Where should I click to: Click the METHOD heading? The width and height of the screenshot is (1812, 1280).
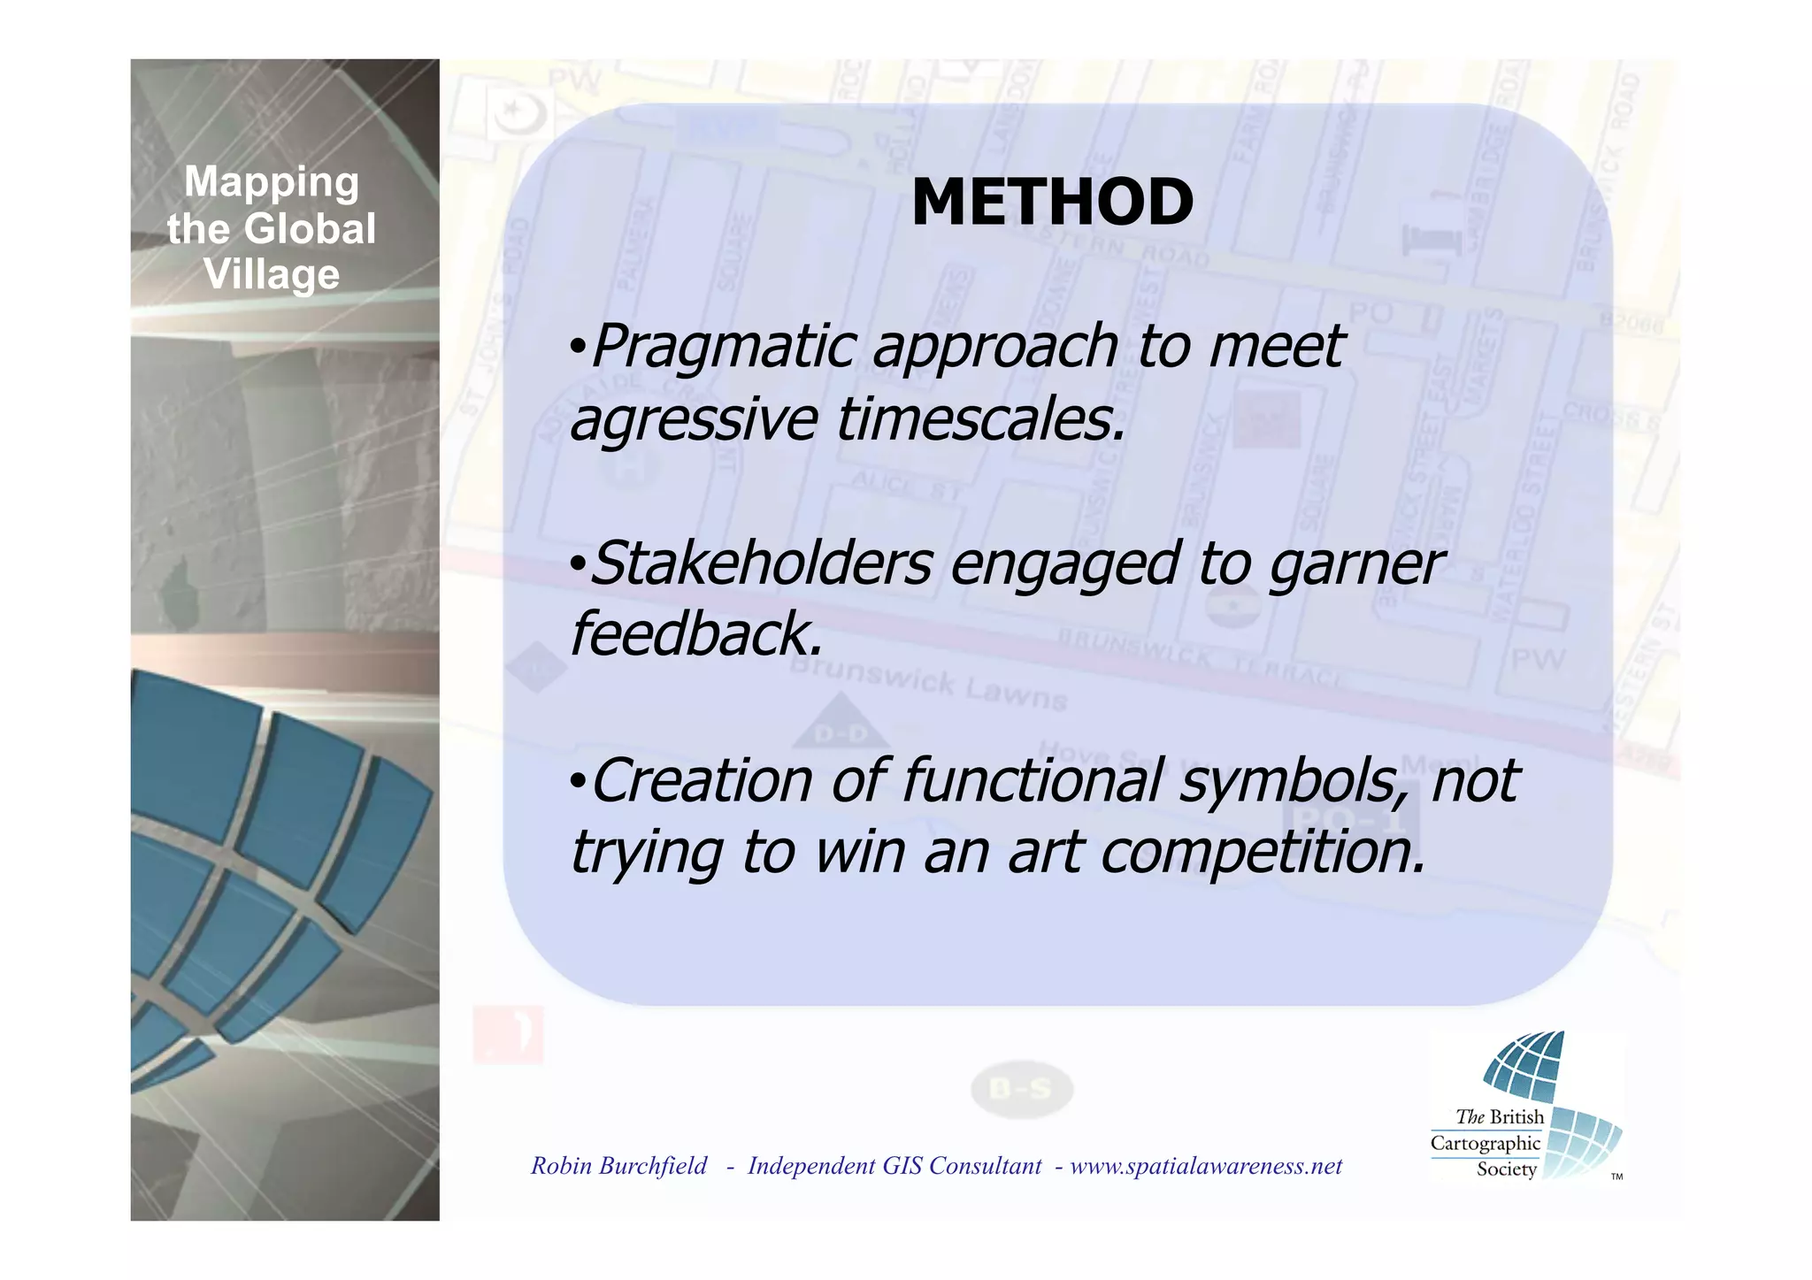(1052, 202)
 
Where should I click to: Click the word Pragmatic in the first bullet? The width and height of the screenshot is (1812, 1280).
(722, 347)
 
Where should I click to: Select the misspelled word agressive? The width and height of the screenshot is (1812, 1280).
(694, 420)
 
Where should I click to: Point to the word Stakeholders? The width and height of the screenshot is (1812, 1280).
(761, 563)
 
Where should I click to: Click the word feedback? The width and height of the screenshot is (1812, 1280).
(695, 634)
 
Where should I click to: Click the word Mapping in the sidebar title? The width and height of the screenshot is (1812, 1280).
(272, 181)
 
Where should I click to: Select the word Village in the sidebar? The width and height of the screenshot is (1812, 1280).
(272, 274)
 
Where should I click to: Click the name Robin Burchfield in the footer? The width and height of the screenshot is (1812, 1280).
(618, 1166)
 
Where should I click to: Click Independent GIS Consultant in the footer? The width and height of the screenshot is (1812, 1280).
(894, 1166)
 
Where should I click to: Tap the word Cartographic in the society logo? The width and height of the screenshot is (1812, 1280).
(1485, 1143)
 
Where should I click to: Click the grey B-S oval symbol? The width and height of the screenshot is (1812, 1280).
(1021, 1089)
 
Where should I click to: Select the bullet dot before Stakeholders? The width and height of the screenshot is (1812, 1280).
(577, 563)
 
